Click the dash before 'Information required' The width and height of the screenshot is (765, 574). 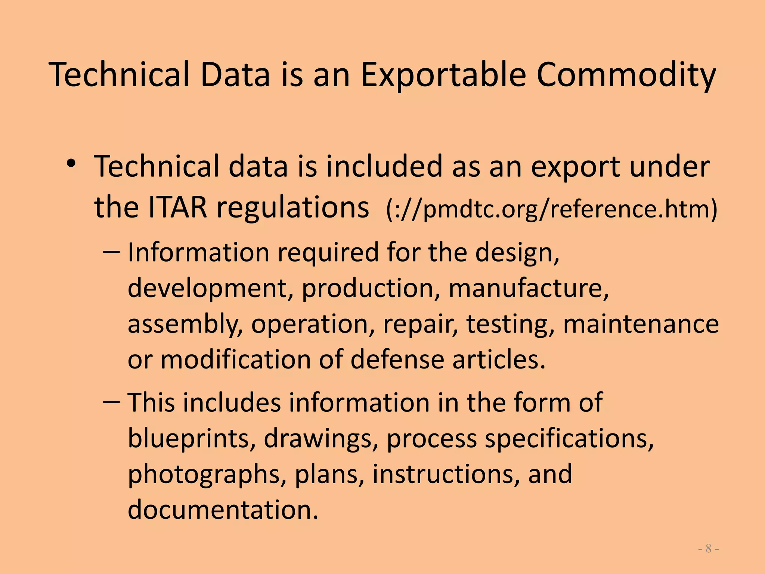point(111,252)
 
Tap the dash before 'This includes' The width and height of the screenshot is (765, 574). point(111,402)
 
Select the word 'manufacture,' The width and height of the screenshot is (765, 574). point(529,288)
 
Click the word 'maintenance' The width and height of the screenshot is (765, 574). point(641,324)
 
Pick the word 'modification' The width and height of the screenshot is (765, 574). point(236,359)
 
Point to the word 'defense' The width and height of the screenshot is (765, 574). point(397,359)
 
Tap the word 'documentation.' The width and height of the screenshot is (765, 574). point(223,509)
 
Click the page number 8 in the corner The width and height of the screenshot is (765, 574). point(708,549)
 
